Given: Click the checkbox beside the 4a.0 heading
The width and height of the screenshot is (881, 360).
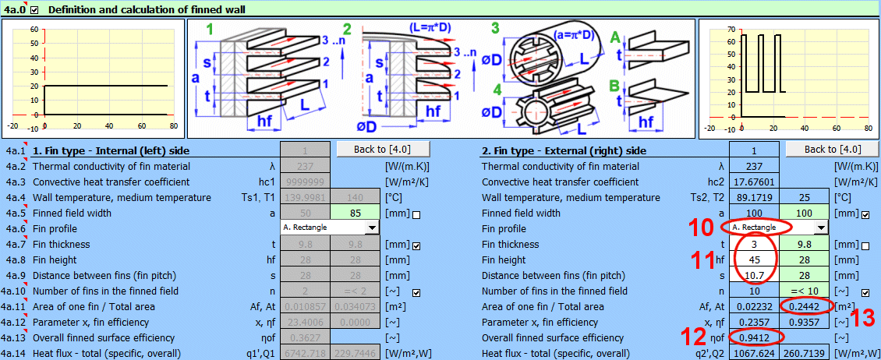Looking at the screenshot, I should coord(34,9).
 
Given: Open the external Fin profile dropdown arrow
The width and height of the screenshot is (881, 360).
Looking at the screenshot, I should coord(819,228).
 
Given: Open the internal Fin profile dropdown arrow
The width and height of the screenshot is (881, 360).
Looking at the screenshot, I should coord(371,228).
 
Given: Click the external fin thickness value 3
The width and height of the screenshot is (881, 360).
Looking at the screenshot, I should coord(754,244).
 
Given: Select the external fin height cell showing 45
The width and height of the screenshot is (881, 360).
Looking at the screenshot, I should coord(754,259).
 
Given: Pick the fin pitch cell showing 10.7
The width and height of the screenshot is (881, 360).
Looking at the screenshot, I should coord(754,275).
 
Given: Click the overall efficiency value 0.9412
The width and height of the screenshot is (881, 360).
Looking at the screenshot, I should coord(754,338).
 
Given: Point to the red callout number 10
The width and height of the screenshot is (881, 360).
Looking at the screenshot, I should coord(703,228).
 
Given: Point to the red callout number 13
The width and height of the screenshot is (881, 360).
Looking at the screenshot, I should coord(862,317).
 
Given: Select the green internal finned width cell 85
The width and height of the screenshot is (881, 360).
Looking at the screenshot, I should coord(356,213).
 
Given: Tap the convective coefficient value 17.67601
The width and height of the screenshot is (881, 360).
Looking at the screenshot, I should coord(754,182).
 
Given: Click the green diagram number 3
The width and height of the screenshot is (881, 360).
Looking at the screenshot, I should coord(495,29).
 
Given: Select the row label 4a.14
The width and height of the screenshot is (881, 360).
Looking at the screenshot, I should coord(15,354).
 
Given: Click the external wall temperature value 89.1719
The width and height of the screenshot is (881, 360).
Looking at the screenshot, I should coord(754,197).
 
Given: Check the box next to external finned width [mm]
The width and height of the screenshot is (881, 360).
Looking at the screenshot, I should coord(865,214).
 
